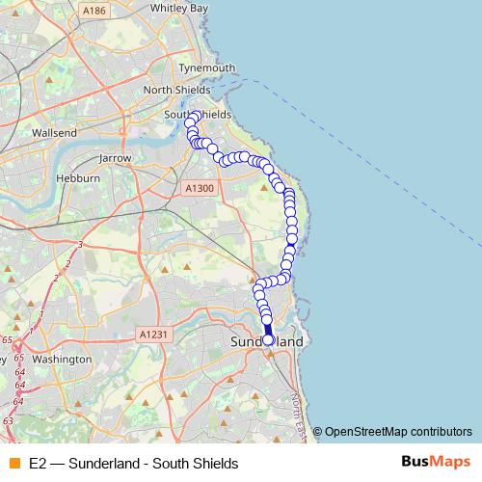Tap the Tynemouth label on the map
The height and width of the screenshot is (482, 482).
click(x=203, y=67)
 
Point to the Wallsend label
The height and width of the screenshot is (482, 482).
click(x=54, y=132)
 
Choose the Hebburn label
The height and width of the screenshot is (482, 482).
click(x=78, y=178)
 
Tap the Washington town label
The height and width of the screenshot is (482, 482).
click(x=60, y=359)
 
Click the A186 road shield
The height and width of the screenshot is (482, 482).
click(x=94, y=10)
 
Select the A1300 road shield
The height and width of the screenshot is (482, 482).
click(x=199, y=188)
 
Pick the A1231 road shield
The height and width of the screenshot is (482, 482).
click(x=153, y=334)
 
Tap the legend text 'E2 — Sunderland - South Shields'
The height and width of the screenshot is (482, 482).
click(x=133, y=464)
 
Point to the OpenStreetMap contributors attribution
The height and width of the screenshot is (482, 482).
click(x=398, y=431)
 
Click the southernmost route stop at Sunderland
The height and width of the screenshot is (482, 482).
click(x=268, y=340)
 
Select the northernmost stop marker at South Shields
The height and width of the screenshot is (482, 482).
click(x=195, y=117)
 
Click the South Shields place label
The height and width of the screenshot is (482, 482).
click(x=197, y=114)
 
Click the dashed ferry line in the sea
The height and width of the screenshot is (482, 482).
click(x=386, y=145)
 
